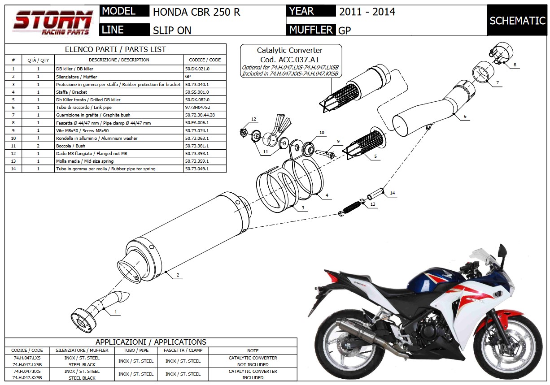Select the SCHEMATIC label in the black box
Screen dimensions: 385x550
click(517, 21)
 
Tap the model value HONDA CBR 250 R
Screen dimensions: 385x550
click(196, 12)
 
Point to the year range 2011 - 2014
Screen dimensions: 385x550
click(367, 12)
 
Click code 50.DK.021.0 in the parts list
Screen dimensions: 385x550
click(197, 69)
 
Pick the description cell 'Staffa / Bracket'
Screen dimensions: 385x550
click(72, 92)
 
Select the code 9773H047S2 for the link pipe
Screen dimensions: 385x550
click(197, 108)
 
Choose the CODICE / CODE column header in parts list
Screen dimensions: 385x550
click(205, 60)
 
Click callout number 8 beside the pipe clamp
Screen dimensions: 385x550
click(515, 65)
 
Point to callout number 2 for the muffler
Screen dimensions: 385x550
click(178, 275)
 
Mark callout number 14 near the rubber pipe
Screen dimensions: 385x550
click(392, 193)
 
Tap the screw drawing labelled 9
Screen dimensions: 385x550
click(324, 153)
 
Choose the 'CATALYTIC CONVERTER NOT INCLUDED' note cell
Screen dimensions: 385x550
click(253, 361)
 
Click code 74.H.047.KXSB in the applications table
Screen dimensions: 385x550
click(27, 378)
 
